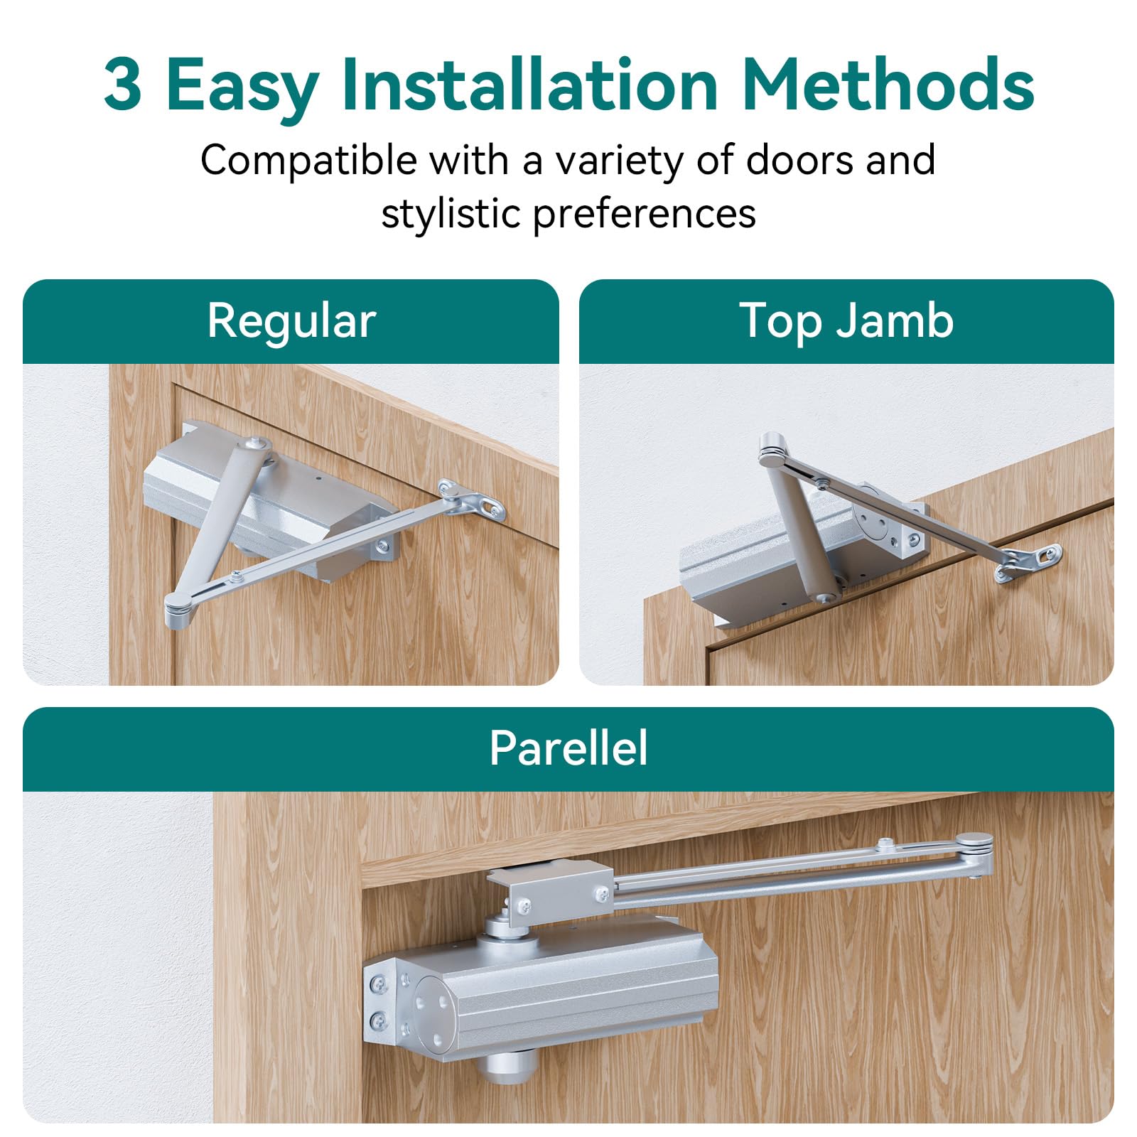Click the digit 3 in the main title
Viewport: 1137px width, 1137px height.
(123, 85)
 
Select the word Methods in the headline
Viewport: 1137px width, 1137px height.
(888, 85)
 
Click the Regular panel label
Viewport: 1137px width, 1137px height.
(291, 321)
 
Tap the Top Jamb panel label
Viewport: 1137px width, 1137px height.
(846, 321)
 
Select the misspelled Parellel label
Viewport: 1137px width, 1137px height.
(568, 748)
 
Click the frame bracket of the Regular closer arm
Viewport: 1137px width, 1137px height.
(473, 500)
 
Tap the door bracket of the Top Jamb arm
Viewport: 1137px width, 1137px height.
(1030, 561)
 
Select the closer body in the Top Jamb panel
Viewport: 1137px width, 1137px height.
(767, 561)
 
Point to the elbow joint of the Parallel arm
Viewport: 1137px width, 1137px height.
(974, 849)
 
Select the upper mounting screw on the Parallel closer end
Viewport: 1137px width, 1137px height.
(379, 984)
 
